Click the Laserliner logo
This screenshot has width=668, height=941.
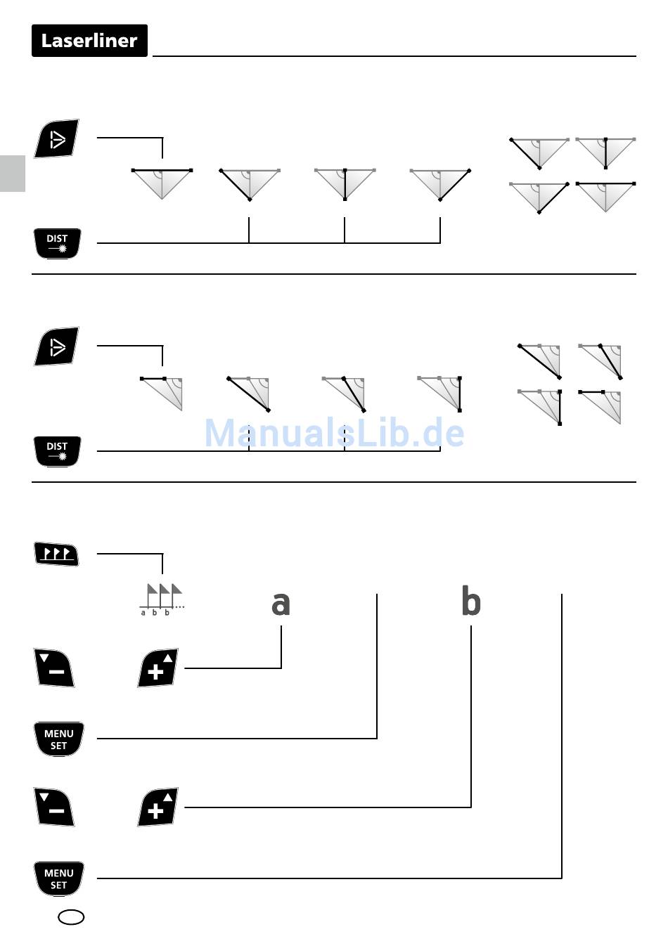click(x=89, y=41)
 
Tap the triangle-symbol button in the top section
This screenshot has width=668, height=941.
click(x=57, y=139)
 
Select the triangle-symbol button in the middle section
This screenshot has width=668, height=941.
click(x=57, y=346)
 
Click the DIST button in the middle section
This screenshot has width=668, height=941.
click(x=57, y=451)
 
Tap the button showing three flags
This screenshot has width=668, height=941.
click(x=57, y=554)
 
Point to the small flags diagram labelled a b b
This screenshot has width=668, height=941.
click(x=161, y=599)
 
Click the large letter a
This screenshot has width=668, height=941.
click(x=281, y=604)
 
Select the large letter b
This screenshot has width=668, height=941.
click(x=470, y=602)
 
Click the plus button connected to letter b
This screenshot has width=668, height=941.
click(x=158, y=807)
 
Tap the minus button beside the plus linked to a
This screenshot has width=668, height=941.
click(x=55, y=668)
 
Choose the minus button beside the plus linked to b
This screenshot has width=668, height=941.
click(x=55, y=807)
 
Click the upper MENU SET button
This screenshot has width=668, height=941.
click(x=58, y=739)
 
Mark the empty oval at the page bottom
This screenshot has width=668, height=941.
click(x=71, y=917)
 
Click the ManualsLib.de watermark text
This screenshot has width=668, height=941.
click(x=334, y=433)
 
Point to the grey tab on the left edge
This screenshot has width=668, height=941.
click(x=12, y=173)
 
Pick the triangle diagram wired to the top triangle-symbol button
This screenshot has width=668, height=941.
click(x=162, y=183)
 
